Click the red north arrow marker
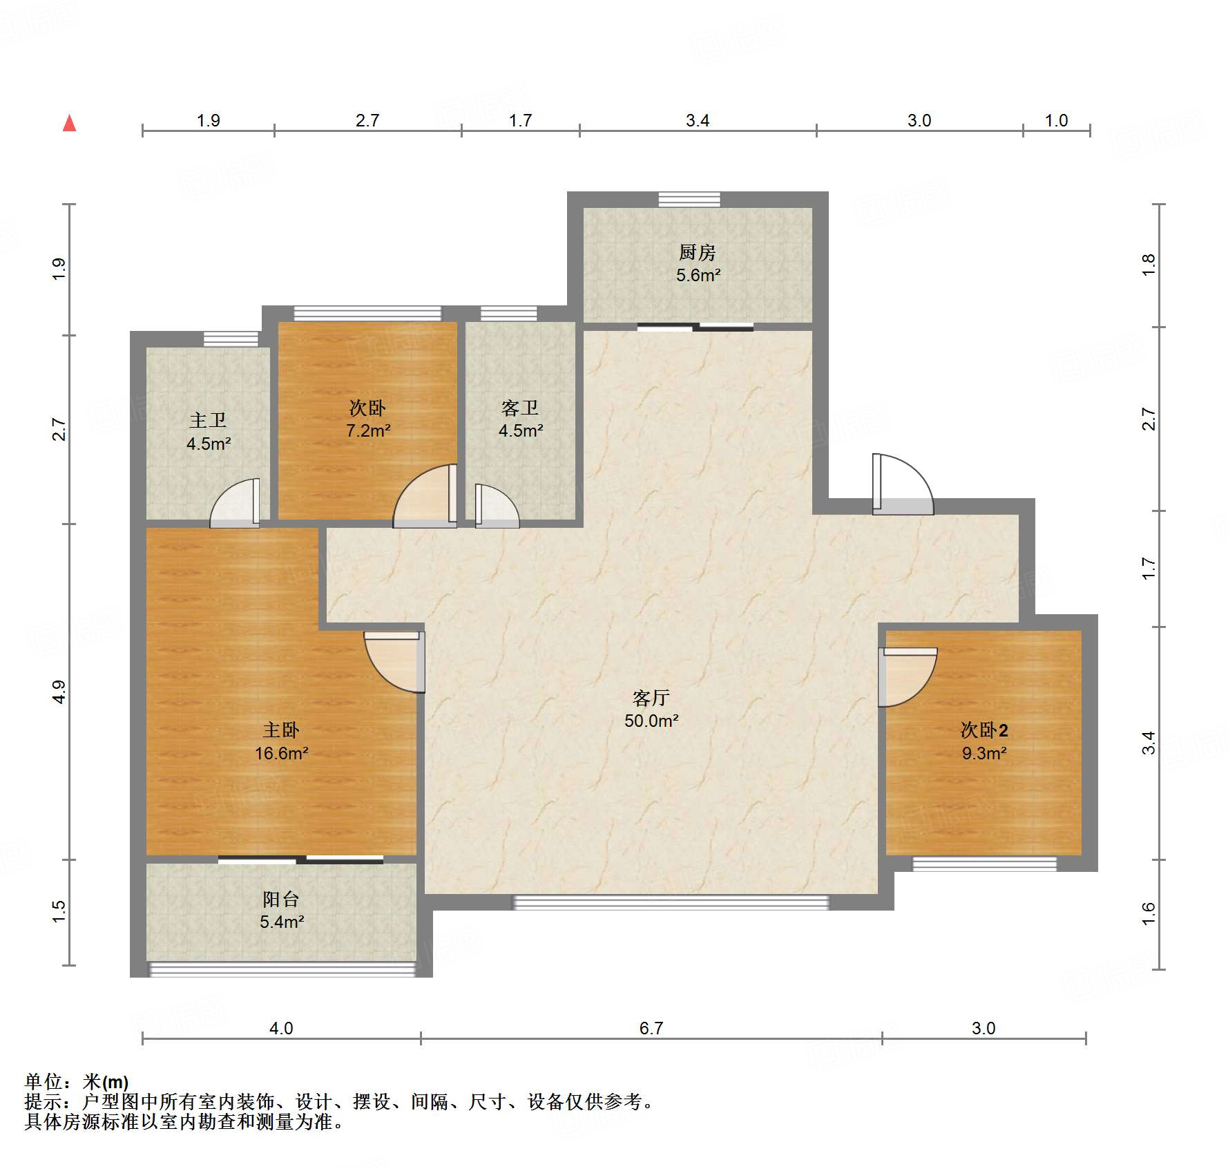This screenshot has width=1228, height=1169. [x=69, y=123]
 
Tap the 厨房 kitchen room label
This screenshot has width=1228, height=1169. [x=697, y=252]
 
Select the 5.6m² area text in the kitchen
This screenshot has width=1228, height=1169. [x=698, y=275]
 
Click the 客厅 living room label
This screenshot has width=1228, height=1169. [x=651, y=698]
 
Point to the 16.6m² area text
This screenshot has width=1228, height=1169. [x=281, y=753]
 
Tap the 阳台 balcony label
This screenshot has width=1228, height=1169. [x=281, y=899]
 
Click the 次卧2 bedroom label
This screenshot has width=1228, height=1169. [x=984, y=730]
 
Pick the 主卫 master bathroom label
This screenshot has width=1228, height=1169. [x=208, y=420]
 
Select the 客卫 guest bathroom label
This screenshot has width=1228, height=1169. [x=520, y=408]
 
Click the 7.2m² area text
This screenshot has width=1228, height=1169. [x=368, y=430]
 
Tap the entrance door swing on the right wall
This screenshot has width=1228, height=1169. [x=903, y=484]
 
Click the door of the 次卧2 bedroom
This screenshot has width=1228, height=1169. [x=908, y=677]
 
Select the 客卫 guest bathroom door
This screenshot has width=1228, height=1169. [x=497, y=506]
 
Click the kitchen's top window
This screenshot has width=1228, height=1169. [x=689, y=200]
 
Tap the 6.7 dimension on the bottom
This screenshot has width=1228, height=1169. [x=651, y=1028]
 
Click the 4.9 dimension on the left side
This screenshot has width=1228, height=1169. [x=59, y=692]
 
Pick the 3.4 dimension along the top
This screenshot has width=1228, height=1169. [x=698, y=120]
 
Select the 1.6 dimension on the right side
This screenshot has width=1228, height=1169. [x=1148, y=914]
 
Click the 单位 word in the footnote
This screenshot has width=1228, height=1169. [x=44, y=1081]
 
